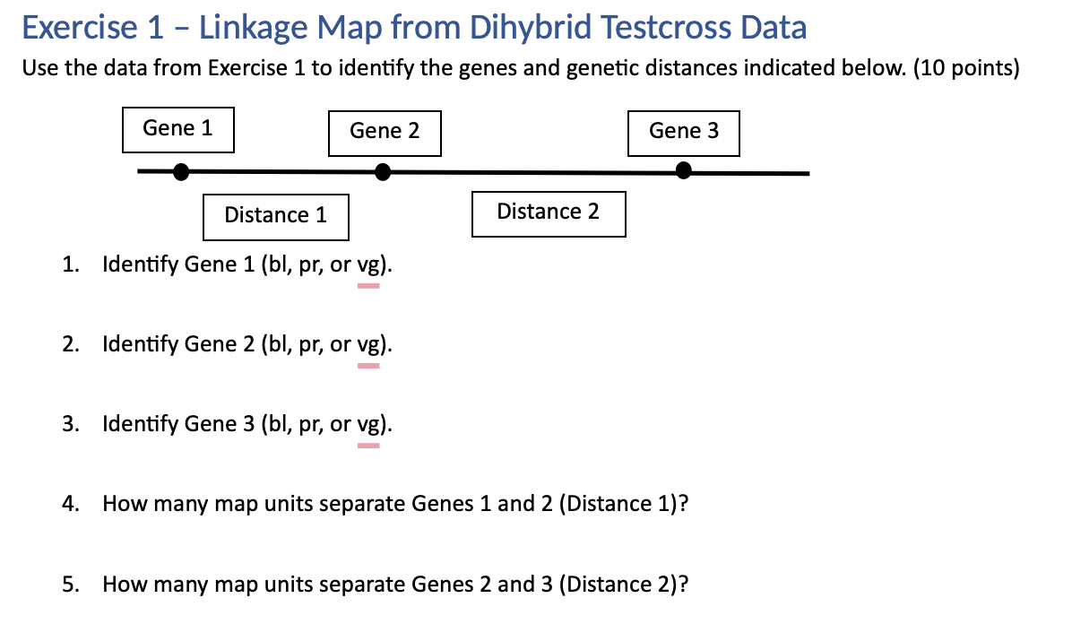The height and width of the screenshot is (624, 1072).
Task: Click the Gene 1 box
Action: pyautogui.click(x=177, y=129)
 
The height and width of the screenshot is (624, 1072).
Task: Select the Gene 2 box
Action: pyautogui.click(x=385, y=132)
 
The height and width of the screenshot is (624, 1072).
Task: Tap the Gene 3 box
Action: pyautogui.click(x=684, y=132)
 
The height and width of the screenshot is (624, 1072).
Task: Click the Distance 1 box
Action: pyautogui.click(x=275, y=216)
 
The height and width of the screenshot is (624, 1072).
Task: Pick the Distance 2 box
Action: pyautogui.click(x=548, y=212)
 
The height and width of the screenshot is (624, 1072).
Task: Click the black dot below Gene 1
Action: pyautogui.click(x=181, y=171)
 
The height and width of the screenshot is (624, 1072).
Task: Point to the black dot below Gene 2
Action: pyautogui.click(x=383, y=171)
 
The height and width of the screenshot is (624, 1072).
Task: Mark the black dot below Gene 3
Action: pyautogui.click(x=684, y=170)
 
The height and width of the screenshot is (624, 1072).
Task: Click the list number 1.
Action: pyautogui.click(x=69, y=264)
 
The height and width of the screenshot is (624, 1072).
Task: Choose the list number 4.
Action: pyautogui.click(x=69, y=504)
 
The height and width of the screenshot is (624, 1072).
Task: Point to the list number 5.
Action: pyautogui.click(x=69, y=585)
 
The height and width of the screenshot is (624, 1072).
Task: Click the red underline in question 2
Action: pyautogui.click(x=368, y=366)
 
